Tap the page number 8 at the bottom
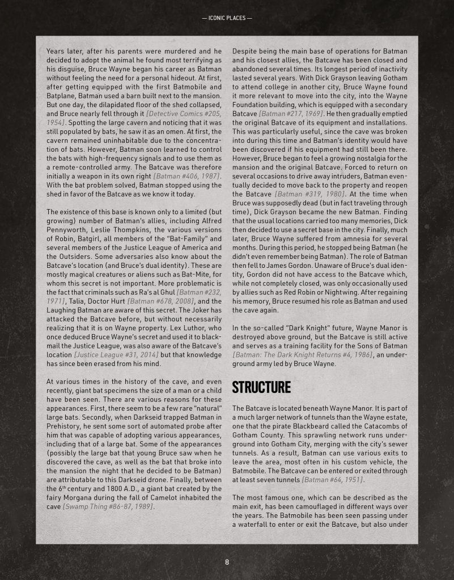tap(227, 562)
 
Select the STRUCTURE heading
tap(261, 387)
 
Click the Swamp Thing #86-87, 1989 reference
tap(112, 506)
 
